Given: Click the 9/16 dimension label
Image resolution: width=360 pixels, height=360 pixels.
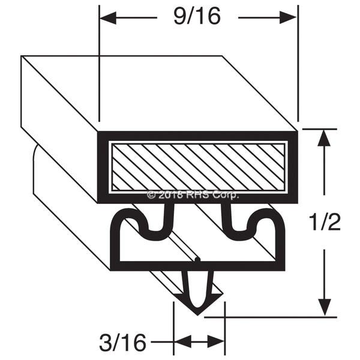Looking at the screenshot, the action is point(197,16).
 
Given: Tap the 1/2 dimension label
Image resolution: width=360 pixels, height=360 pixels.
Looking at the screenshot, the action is point(325,222).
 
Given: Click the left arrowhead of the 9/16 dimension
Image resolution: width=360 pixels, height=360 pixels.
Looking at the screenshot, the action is point(108,17).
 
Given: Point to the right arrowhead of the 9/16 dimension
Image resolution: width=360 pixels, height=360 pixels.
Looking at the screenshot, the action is point(288,17).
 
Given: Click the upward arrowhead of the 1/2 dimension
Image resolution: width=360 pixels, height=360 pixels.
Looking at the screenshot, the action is point(324,138).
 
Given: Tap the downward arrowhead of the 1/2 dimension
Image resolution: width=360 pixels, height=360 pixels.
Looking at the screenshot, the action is point(325,307).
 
